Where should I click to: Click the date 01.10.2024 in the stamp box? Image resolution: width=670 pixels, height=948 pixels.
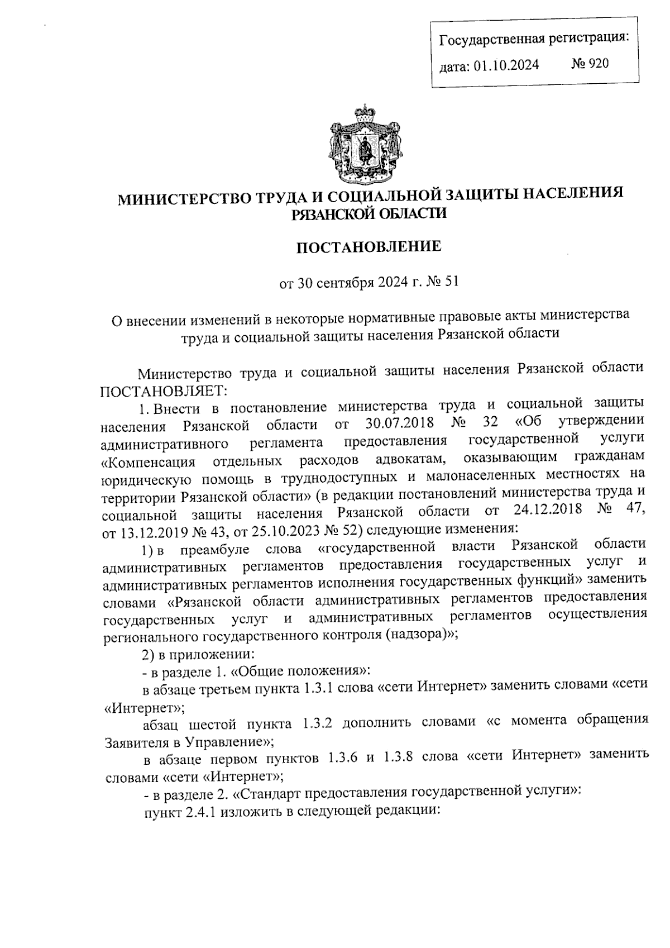pyautogui.click(x=506, y=66)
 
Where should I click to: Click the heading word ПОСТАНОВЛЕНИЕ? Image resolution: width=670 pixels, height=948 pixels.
pyautogui.click(x=368, y=246)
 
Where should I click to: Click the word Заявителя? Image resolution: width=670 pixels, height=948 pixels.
pyautogui.click(x=133, y=743)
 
